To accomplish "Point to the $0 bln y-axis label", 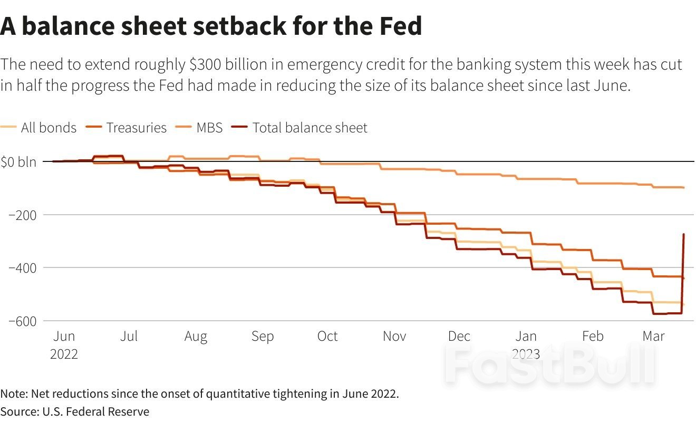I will tap(18, 161).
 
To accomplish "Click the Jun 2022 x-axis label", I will tap(64, 344).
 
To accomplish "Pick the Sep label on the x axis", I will tap(262, 337).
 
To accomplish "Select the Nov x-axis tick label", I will tap(394, 337).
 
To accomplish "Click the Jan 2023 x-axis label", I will tap(526, 344).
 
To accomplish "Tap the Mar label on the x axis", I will tap(654, 337).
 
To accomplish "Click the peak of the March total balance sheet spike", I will tap(683, 234).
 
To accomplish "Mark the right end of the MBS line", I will tap(684, 187).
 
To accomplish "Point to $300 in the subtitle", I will tap(208, 65).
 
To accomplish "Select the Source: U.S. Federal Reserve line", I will tap(75, 411).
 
